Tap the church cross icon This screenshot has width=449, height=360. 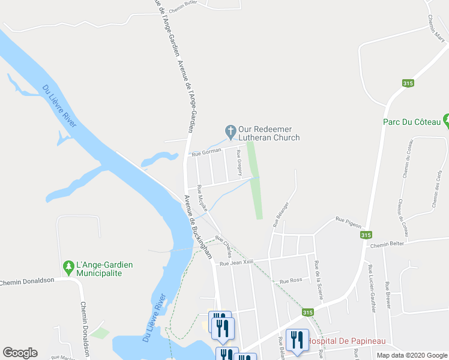pyautogui.click(x=229, y=130)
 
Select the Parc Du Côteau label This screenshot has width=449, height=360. pyautogui.click(x=412, y=122)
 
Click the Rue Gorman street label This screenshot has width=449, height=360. pyautogui.click(x=207, y=154)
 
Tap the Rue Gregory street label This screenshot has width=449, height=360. pyautogui.click(x=239, y=163)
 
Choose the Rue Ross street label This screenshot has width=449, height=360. pyautogui.click(x=291, y=281)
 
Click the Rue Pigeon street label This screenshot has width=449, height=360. pyautogui.click(x=348, y=222)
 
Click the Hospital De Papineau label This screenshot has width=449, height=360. pyautogui.click(x=346, y=341)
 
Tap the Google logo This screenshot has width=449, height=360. pyautogui.click(x=20, y=352)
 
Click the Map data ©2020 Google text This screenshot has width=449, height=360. pyautogui.click(x=411, y=355)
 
